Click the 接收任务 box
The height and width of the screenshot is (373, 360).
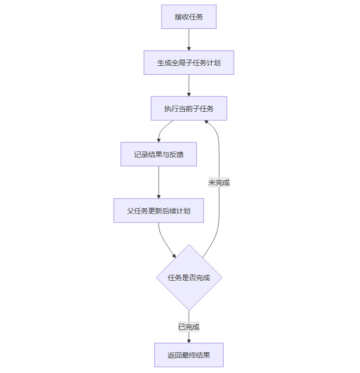pyautogui.click(x=189, y=17)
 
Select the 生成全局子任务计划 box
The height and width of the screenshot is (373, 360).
pyautogui.click(x=189, y=62)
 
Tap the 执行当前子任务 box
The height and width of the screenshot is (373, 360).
pyautogui.click(x=189, y=108)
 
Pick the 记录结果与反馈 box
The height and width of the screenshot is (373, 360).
pyautogui.click(x=158, y=154)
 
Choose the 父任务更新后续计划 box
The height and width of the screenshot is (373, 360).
pyautogui.click(x=158, y=211)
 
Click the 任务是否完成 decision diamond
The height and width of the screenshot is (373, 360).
pyautogui.click(x=189, y=277)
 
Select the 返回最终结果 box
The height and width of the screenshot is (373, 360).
pyautogui.click(x=189, y=355)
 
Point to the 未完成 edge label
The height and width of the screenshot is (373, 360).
pyautogui.click(x=219, y=182)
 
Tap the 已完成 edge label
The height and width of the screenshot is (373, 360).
pyautogui.click(x=189, y=327)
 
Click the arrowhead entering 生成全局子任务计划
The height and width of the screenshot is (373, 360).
pyautogui.click(x=189, y=48)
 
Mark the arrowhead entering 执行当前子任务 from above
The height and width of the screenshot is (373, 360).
pyautogui.click(x=189, y=94)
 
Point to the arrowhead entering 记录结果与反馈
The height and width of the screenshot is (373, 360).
pyautogui.click(x=158, y=140)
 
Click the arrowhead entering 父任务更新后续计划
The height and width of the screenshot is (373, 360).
pyautogui.click(x=158, y=196)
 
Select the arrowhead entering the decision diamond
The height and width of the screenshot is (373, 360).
pyautogui.click(x=174, y=256)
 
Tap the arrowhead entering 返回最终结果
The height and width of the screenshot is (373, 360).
pyautogui.click(x=189, y=340)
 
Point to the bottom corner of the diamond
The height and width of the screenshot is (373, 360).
pyautogui.click(x=189, y=310)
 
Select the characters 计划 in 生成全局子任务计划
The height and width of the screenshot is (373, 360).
pyautogui.click(x=214, y=62)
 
